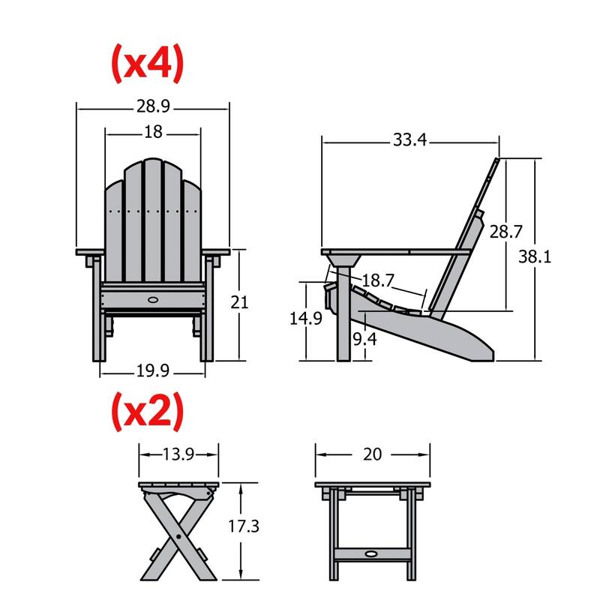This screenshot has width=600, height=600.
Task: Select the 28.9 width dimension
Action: tap(152, 107)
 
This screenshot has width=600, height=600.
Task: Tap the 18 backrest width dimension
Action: tap(153, 132)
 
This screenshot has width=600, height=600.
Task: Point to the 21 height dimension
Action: tap(239, 302)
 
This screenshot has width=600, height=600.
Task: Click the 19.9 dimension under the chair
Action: tap(153, 370)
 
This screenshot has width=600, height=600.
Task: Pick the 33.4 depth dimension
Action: tap(409, 139)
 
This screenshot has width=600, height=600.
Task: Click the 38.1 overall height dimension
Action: tap(535, 257)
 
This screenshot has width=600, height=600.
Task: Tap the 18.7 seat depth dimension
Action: tap(378, 280)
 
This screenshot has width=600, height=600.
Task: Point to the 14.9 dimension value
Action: tap(306, 318)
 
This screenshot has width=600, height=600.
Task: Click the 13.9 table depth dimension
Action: tap(178, 453)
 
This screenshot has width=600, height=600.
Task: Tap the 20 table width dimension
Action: tap(372, 454)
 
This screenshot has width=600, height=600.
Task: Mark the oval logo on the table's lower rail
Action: tap(371, 554)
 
